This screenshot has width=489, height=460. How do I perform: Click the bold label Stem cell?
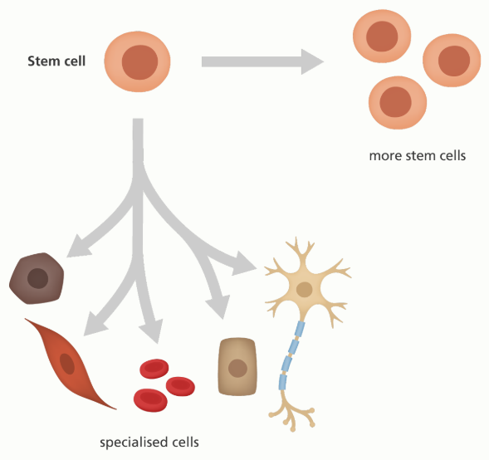(x=56, y=61)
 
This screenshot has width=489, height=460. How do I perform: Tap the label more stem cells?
(x=418, y=155)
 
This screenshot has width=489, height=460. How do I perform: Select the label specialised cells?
(x=149, y=443)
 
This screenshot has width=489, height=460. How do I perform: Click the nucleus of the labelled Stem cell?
(x=139, y=62)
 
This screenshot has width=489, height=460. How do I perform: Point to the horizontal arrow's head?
(x=312, y=61)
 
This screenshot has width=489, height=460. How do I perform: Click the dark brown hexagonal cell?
(x=37, y=278)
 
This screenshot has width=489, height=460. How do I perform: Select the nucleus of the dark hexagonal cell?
(x=37, y=278)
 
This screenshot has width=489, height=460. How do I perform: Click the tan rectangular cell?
(x=237, y=367)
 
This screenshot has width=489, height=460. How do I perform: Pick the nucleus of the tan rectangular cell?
(x=237, y=369)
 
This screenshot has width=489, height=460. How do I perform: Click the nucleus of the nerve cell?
(x=305, y=290)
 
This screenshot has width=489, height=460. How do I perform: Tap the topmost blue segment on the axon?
(x=300, y=329)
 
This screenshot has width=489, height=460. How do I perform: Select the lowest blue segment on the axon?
(x=282, y=382)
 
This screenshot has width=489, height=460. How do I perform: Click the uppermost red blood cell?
(x=154, y=369)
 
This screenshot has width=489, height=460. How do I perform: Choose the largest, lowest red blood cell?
(x=150, y=400)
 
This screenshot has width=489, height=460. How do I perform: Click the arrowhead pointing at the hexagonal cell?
(x=77, y=247)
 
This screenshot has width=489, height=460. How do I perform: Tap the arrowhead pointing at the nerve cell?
(x=244, y=264)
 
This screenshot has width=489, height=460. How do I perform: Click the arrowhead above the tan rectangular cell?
(x=218, y=307)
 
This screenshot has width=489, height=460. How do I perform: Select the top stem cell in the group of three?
(x=382, y=37)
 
